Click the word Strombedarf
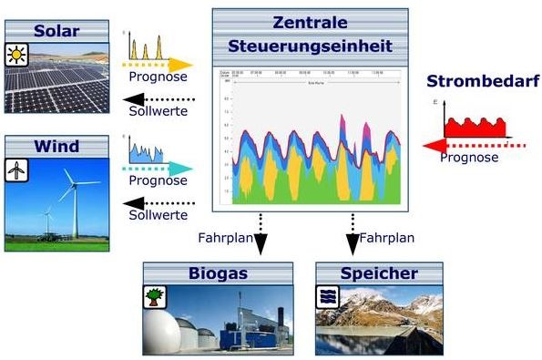[x=483, y=82]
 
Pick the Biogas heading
[x=218, y=273]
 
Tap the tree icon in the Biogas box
[x=156, y=297]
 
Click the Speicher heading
[x=379, y=273]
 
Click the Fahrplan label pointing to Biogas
[x=224, y=238]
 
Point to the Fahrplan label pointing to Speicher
[x=387, y=238]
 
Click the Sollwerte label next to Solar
[x=158, y=111]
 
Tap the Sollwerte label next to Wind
[x=158, y=214]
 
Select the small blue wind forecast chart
[x=146, y=149]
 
